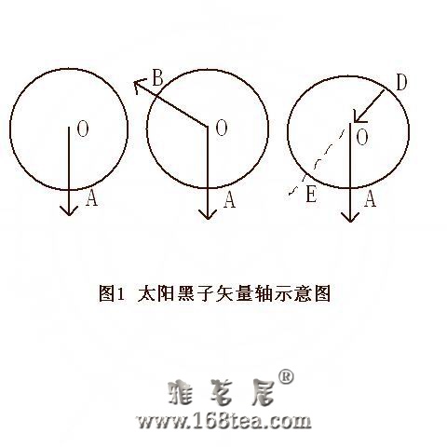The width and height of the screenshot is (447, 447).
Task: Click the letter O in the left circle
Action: pyautogui.click(x=83, y=129)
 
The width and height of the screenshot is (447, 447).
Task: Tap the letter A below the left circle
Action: pyautogui.click(x=91, y=198)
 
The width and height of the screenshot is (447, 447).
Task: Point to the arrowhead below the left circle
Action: pyautogui.click(x=69, y=210)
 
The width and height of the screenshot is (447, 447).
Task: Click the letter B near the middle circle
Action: pyautogui.click(x=157, y=78)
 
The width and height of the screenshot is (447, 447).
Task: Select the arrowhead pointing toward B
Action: pyautogui.click(x=139, y=86)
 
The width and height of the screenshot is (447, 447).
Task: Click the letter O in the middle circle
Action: pyautogui.click(x=222, y=129)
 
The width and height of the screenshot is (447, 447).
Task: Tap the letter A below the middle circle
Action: pyautogui.click(x=229, y=200)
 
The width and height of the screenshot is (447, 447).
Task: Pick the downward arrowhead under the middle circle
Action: pyautogui.click(x=208, y=214)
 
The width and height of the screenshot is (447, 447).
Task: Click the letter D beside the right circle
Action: pyautogui.click(x=401, y=83)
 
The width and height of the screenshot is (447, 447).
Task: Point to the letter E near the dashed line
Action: pyautogui.click(x=311, y=196)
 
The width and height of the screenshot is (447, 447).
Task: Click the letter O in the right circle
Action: pyautogui.click(x=362, y=138)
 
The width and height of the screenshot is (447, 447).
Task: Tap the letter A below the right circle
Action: pyautogui.click(x=370, y=199)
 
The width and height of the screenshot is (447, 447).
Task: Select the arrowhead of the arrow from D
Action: pyautogui.click(x=359, y=117)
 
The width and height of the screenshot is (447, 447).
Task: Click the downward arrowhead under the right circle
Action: pyautogui.click(x=350, y=217)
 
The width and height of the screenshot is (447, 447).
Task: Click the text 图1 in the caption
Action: pyautogui.click(x=112, y=293)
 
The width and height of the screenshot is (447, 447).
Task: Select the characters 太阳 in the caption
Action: pyautogui.click(x=156, y=293)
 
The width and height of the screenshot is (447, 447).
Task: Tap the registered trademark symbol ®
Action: pyautogui.click(x=286, y=377)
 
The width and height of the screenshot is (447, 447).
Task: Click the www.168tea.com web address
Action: pyautogui.click(x=223, y=421)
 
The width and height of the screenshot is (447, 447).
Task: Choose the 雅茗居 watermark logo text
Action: pyautogui.click(x=223, y=392)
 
